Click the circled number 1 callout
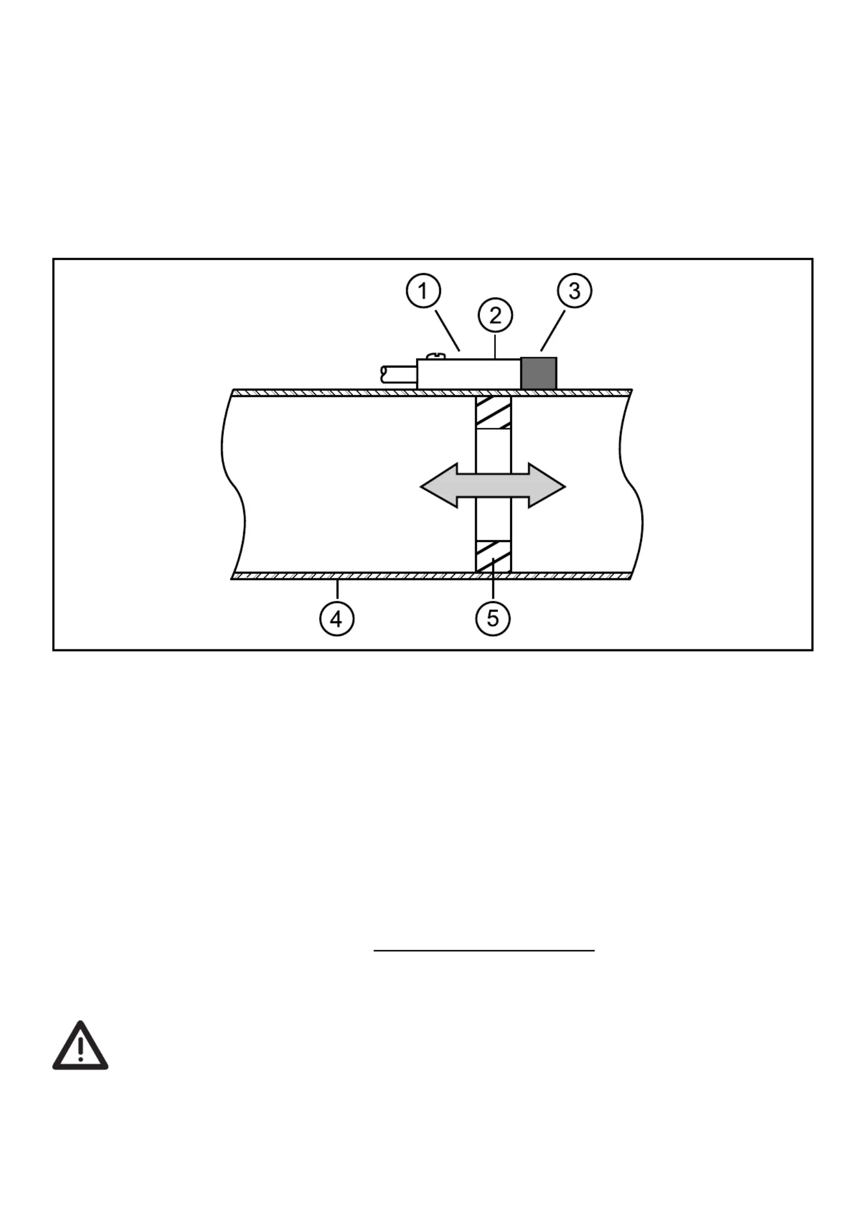point(423,292)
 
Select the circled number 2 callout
point(495,315)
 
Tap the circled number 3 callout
point(574,291)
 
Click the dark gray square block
point(539,373)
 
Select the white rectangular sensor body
point(469,374)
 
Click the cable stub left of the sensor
point(399,374)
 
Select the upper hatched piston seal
point(493,413)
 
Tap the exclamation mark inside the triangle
point(80,1048)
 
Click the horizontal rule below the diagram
point(484,951)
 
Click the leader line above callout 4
point(337,590)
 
